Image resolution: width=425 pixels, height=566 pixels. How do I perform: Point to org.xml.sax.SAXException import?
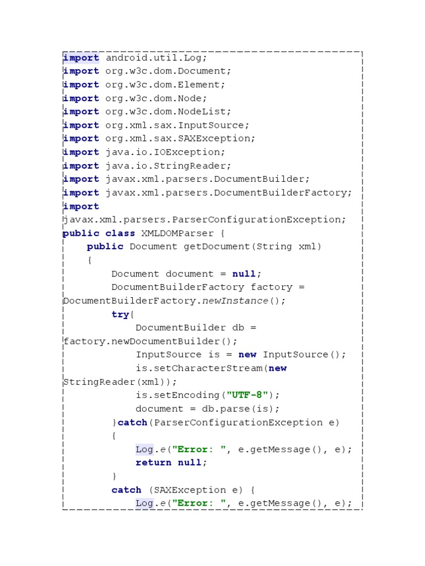pos(180,139)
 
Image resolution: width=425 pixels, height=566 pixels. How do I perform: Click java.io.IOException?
pos(165,152)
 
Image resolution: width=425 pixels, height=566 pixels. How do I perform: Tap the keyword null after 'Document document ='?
pos(244,274)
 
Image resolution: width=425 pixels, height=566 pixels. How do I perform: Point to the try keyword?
pos(120,315)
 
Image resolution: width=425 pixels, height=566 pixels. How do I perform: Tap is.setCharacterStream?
pos(199,368)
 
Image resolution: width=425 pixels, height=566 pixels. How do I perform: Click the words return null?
pos(171,463)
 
